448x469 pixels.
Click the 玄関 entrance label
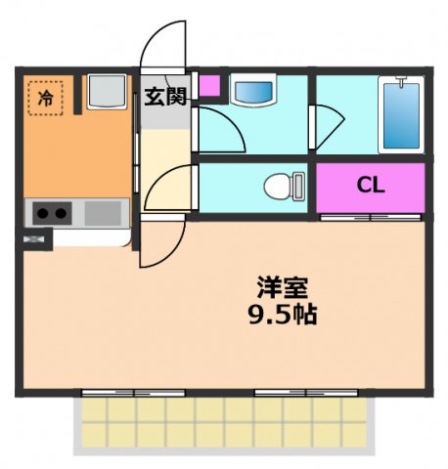(x=165, y=96)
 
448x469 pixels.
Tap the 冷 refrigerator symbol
(x=46, y=97)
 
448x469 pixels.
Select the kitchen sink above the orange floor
(x=105, y=92)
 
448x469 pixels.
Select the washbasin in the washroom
(x=254, y=92)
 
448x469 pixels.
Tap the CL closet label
(x=369, y=185)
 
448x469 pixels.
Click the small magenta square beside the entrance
(x=209, y=85)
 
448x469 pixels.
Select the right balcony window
(x=304, y=392)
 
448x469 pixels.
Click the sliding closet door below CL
(x=370, y=216)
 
